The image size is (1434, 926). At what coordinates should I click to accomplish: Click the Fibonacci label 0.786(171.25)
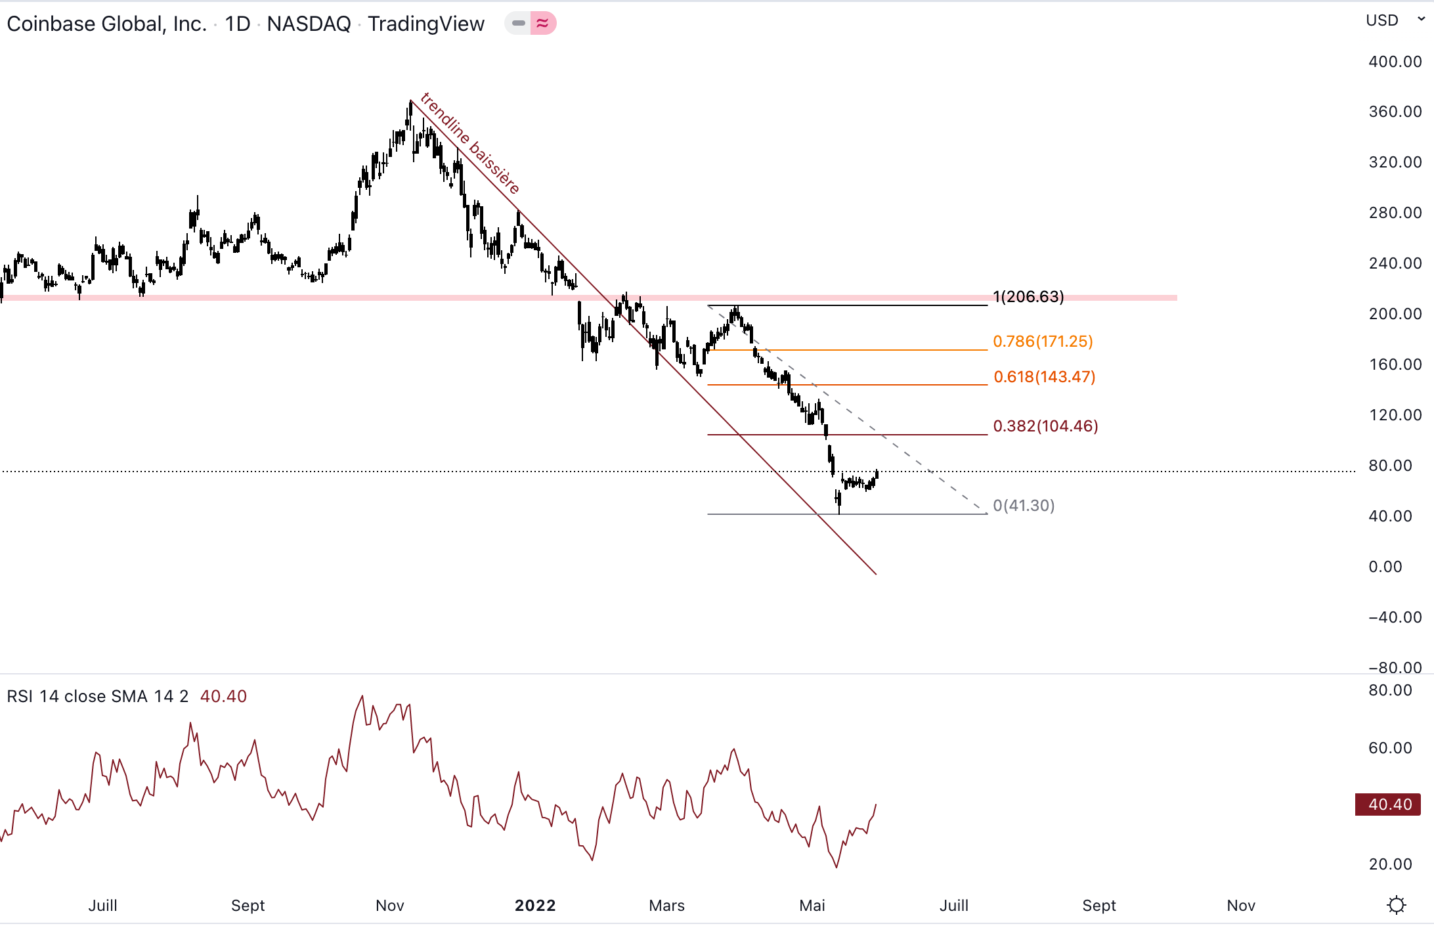(x=1043, y=342)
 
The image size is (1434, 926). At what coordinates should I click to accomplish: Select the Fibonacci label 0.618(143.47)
(x=1044, y=377)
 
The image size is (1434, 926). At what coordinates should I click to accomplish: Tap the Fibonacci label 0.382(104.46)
(x=1045, y=426)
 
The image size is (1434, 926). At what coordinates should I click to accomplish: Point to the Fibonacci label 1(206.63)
(x=1028, y=297)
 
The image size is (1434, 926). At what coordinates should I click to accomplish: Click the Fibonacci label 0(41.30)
(x=1024, y=506)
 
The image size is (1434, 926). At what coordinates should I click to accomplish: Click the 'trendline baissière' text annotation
(x=470, y=143)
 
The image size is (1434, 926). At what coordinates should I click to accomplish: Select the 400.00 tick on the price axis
(x=1395, y=62)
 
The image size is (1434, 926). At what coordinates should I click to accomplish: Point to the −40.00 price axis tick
(x=1395, y=617)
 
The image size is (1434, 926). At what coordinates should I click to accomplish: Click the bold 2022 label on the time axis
(x=535, y=906)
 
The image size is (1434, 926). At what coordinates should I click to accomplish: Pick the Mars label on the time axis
(x=666, y=906)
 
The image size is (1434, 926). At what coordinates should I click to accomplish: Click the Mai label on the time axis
(x=812, y=906)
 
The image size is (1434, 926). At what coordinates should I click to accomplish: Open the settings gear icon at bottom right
(x=1397, y=906)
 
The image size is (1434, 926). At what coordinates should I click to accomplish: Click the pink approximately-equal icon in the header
(x=543, y=24)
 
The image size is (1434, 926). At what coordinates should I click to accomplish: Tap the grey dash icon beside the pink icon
(x=518, y=24)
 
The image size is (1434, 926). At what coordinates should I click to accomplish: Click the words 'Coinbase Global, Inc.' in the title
(x=106, y=24)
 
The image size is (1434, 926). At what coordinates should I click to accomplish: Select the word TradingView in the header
(x=425, y=24)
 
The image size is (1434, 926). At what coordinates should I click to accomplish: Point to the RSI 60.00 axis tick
(x=1389, y=748)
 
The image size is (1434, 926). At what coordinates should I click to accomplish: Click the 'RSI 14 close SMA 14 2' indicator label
(x=98, y=696)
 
